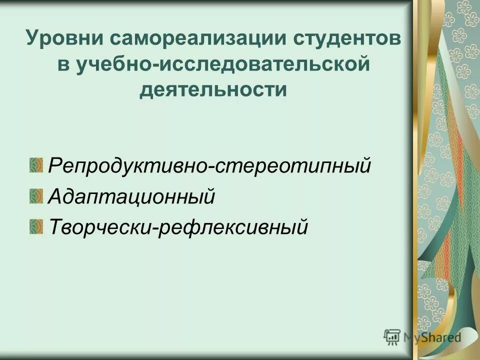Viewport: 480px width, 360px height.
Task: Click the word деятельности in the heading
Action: click(213, 90)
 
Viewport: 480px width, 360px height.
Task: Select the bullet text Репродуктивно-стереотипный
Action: click(209, 165)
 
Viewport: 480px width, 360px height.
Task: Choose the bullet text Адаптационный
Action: click(132, 196)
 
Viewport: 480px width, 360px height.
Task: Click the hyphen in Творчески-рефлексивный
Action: click(155, 228)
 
